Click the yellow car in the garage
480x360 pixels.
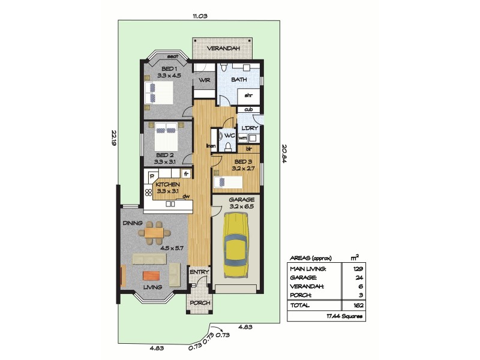(237, 246)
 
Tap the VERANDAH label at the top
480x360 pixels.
(224, 48)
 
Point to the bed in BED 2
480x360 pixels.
(166, 137)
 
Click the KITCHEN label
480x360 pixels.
(168, 184)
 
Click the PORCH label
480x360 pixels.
(200, 303)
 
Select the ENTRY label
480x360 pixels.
(199, 272)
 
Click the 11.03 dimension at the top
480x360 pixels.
(200, 16)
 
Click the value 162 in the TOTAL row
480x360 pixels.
(356, 305)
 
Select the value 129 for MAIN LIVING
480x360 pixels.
(356, 268)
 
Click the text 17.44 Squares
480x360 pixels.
(344, 316)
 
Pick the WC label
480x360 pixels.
(230, 136)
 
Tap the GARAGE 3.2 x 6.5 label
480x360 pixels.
(242, 203)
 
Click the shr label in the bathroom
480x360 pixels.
(247, 94)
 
